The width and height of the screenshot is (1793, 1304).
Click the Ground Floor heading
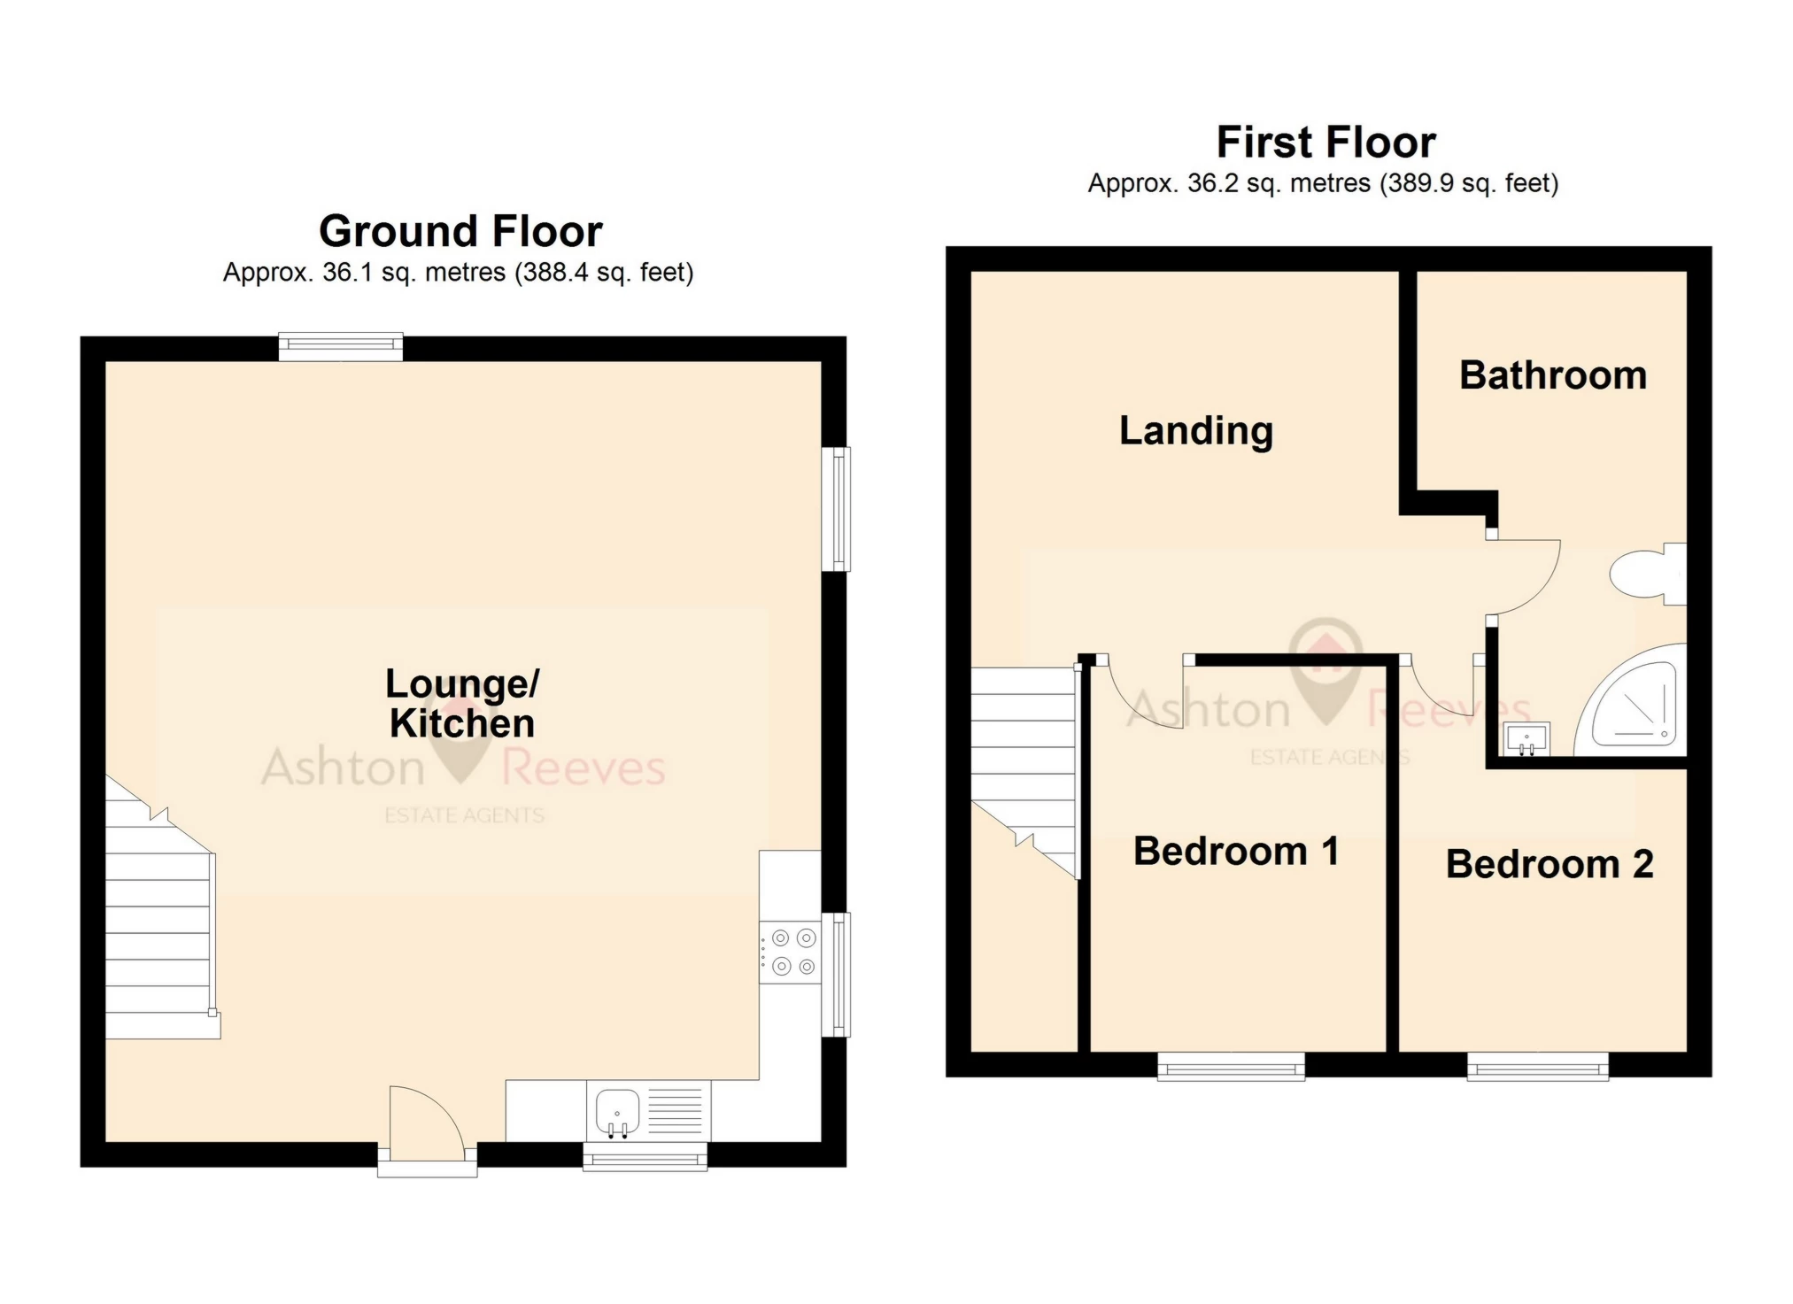(460, 232)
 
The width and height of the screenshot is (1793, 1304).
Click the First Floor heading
(1325, 143)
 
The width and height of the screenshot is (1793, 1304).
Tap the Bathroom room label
(1552, 375)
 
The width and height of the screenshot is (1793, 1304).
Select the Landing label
(1195, 431)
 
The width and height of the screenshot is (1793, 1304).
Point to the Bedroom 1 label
(1235, 852)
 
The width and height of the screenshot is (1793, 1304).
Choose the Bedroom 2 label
(1549, 864)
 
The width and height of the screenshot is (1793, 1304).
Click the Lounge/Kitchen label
(461, 704)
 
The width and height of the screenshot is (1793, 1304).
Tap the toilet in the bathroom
(1645, 575)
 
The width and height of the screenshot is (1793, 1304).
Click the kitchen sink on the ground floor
(617, 1110)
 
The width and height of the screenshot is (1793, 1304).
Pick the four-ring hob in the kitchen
(792, 953)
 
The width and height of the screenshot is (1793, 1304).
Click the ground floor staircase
(159, 921)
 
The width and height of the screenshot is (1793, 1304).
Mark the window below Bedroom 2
(1537, 1066)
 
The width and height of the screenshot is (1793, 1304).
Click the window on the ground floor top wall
(341, 346)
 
